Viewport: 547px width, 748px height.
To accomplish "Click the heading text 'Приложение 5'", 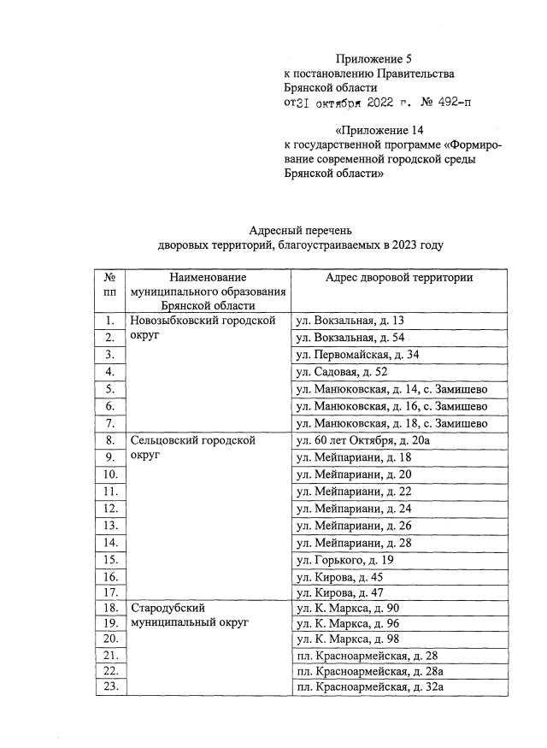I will [x=374, y=59].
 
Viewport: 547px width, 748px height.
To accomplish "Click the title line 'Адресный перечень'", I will [x=301, y=230].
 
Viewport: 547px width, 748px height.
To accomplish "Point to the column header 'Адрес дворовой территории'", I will [x=399, y=278].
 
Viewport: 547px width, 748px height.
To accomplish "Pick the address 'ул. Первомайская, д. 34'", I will [x=357, y=355].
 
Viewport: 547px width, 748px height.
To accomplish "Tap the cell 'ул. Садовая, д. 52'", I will [x=341, y=372].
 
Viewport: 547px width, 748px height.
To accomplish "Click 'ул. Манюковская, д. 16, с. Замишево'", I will [x=391, y=406].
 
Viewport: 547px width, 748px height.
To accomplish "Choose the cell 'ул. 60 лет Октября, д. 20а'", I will [x=362, y=440].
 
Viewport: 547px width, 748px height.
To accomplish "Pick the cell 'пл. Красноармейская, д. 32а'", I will [x=369, y=686].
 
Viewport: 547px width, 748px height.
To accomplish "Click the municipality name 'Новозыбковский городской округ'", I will [x=202, y=329].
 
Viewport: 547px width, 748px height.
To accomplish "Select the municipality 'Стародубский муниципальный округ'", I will [x=188, y=615].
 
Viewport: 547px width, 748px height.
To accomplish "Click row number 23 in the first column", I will [x=109, y=686].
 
